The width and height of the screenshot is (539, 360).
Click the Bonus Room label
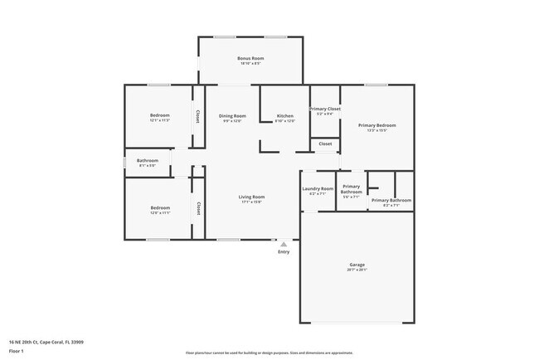(x=250, y=58)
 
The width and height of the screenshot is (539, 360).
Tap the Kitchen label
(x=284, y=115)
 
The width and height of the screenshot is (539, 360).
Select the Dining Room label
(x=232, y=115)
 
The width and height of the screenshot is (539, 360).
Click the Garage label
(x=357, y=265)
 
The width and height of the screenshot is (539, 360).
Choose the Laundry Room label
(x=317, y=188)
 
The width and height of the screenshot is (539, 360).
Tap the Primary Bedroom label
(x=376, y=125)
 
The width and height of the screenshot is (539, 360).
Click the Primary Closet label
(x=325, y=109)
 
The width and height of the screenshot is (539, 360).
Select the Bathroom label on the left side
(x=148, y=160)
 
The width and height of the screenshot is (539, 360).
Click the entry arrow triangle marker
(x=284, y=245)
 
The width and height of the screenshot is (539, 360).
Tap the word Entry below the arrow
(x=284, y=253)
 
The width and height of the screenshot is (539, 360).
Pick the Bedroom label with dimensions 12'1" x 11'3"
(x=160, y=115)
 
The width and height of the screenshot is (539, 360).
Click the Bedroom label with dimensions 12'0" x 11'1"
(x=160, y=208)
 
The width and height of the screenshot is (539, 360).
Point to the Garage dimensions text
(x=357, y=270)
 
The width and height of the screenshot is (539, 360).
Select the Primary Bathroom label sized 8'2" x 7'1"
(x=391, y=200)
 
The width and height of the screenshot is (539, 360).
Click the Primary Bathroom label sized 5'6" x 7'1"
(x=352, y=189)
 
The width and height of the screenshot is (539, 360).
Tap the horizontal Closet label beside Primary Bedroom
(x=325, y=144)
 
